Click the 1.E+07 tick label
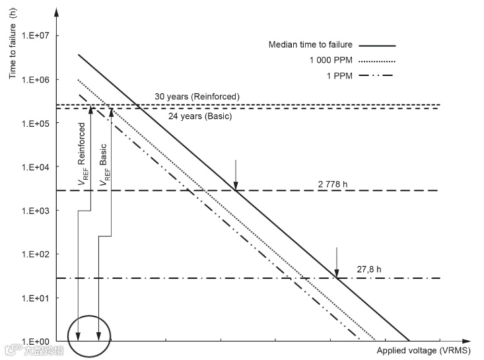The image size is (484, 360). coord(41,36)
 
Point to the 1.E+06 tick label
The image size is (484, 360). coord(41,79)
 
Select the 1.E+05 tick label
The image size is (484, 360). coord(41,123)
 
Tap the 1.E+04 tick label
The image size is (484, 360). coord(41,166)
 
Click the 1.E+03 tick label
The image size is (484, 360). coord(41,210)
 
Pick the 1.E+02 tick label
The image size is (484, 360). coord(41,254)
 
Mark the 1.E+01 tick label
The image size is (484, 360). coord(41,297)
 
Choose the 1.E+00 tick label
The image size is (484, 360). coord(41,341)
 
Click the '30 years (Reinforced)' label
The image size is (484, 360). coord(197,96)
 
